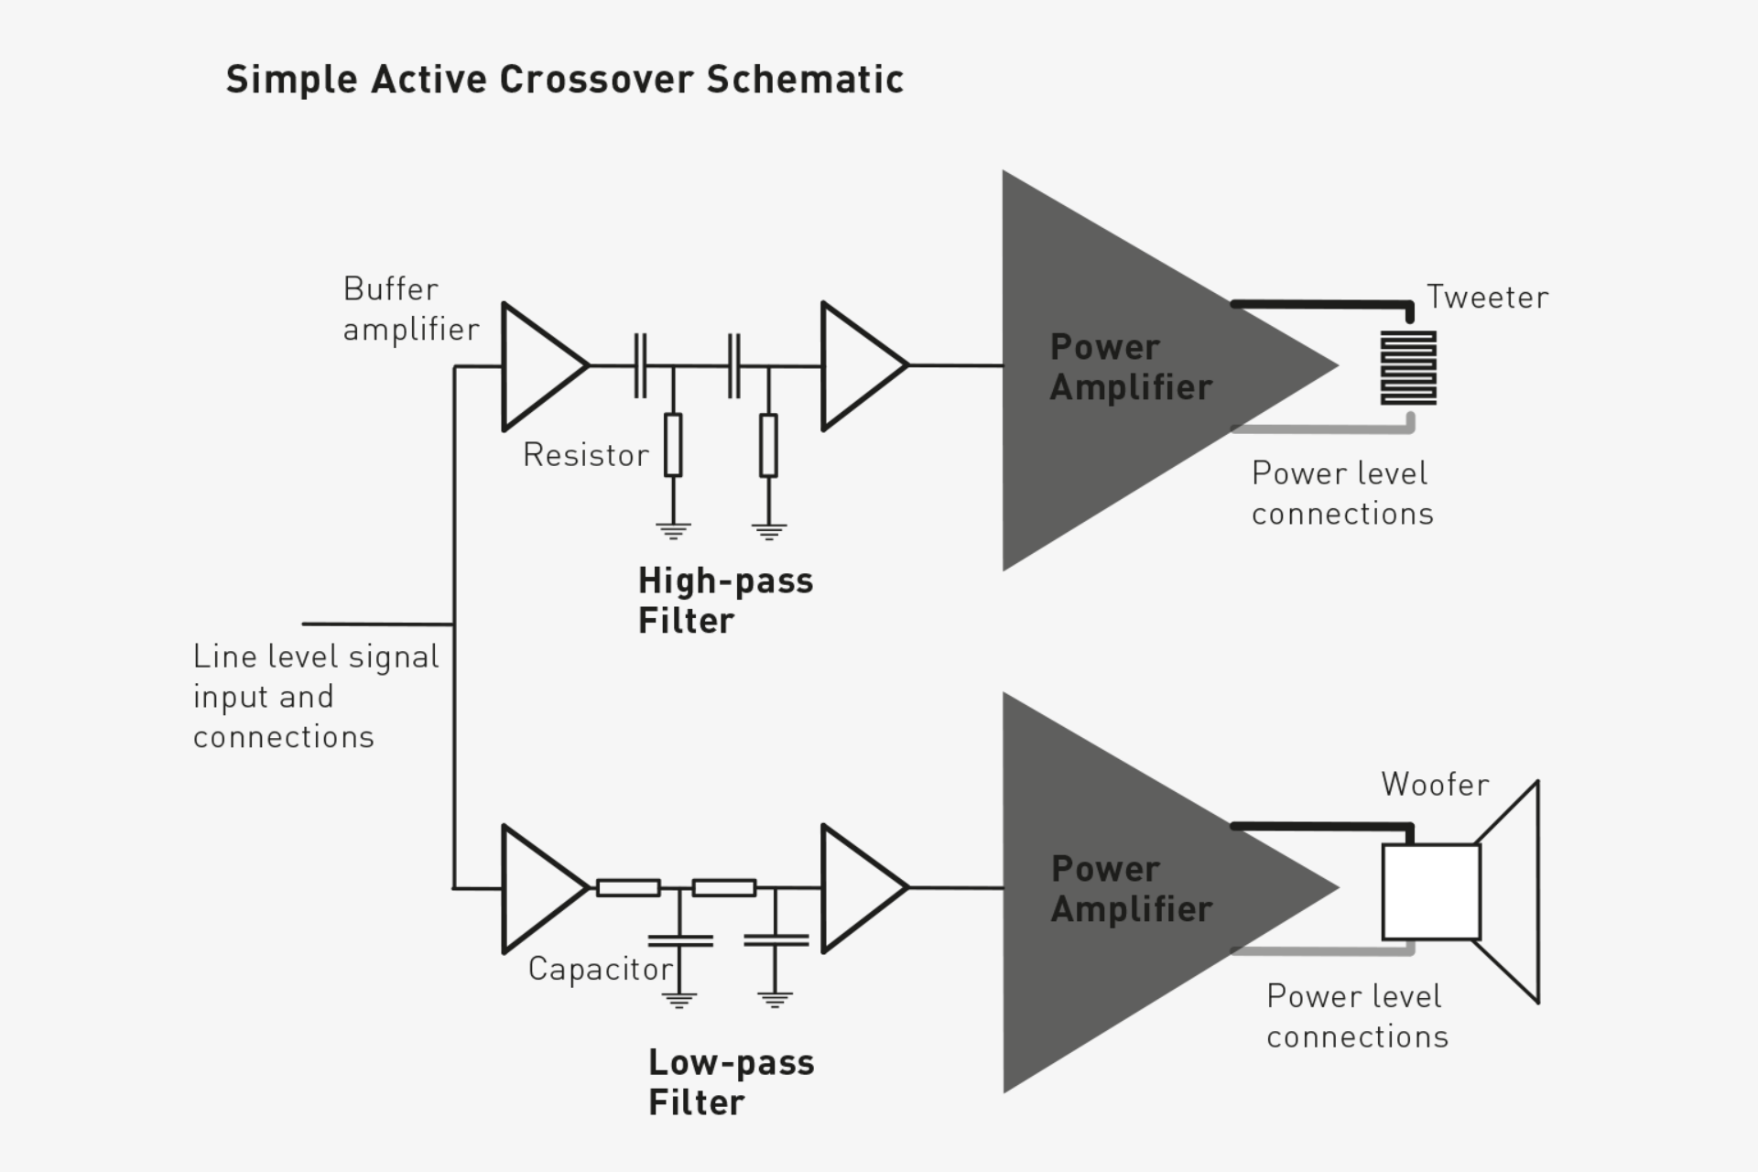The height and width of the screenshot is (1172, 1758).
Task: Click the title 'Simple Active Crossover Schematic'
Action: (x=564, y=80)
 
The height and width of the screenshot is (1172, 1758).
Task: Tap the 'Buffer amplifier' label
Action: (x=409, y=309)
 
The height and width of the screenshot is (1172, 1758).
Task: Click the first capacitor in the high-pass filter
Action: (x=640, y=366)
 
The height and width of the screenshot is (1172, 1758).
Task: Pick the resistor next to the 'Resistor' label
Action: (x=673, y=445)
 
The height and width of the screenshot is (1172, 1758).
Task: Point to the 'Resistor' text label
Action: (x=585, y=455)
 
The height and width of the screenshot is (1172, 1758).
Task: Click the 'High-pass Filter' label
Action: (x=724, y=601)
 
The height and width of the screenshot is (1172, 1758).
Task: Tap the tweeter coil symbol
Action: (x=1408, y=368)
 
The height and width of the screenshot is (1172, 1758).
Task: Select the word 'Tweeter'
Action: (x=1487, y=298)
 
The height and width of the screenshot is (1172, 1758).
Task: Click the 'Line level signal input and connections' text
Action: (x=315, y=696)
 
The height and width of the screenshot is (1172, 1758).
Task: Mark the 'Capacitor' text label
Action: (x=600, y=969)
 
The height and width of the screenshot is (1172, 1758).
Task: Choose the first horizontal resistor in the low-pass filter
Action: (x=628, y=887)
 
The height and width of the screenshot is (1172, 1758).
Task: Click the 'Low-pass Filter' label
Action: (x=731, y=1082)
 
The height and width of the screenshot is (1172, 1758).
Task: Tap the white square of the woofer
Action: (x=1430, y=892)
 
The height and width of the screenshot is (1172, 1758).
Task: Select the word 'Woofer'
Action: (x=1435, y=785)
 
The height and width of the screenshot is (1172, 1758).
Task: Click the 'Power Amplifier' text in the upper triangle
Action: (x=1130, y=367)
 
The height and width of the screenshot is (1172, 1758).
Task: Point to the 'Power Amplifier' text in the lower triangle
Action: (x=1130, y=889)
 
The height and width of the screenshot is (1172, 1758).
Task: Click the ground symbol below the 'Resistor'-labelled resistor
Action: (x=673, y=530)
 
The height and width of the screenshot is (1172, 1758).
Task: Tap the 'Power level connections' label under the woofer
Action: (x=1356, y=1016)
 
